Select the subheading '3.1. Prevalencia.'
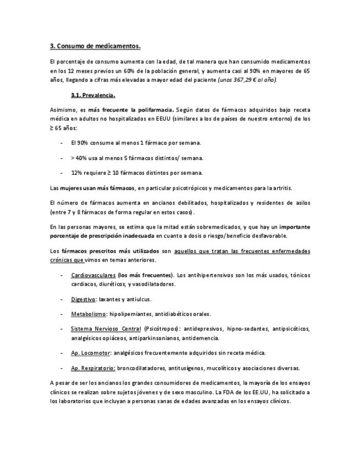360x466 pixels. pyautogui.click(x=93, y=95)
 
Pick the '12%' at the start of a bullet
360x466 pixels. pyautogui.click(x=77, y=173)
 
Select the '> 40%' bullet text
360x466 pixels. pyautogui.click(x=79, y=158)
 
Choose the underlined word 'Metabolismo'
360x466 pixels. pyautogui.click(x=88, y=314)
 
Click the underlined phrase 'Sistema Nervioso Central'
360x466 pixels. pyautogui.click(x=106, y=329)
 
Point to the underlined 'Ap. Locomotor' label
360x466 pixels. pyautogui.click(x=91, y=353)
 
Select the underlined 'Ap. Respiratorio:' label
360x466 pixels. pyautogui.click(x=93, y=368)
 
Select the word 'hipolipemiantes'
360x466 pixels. pyautogui.click(x=131, y=314)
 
